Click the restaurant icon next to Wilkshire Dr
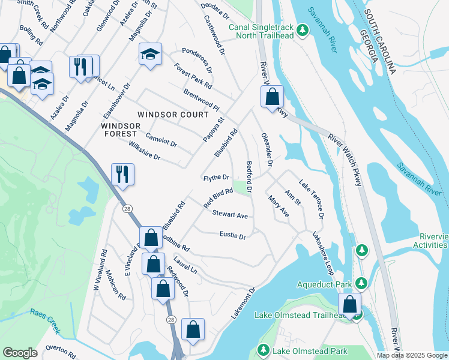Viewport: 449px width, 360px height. [122, 175]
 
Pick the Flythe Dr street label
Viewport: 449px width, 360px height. [216, 178]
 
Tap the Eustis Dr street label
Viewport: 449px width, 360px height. [233, 236]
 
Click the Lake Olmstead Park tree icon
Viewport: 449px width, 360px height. [263, 350]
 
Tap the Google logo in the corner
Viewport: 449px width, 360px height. [20, 353]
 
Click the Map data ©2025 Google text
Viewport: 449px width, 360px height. [412, 355]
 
